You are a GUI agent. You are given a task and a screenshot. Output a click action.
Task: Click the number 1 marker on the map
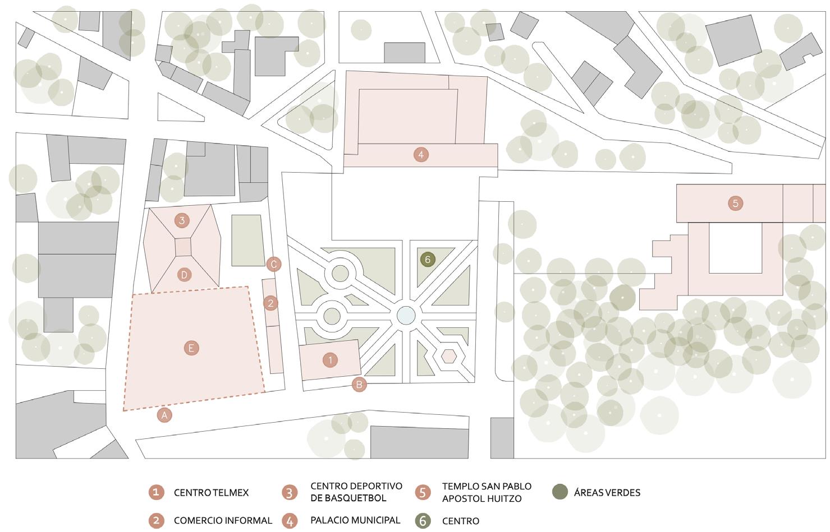[331, 360]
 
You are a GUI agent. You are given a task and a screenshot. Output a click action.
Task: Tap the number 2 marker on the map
[270, 303]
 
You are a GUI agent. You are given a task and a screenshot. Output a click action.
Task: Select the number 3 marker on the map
[182, 220]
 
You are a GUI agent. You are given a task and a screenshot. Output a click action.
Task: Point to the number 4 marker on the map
[421, 154]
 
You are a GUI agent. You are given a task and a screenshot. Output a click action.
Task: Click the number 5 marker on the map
[735, 203]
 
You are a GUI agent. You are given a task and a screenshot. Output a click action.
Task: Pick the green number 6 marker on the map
[428, 260]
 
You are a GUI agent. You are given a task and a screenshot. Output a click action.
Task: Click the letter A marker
[164, 415]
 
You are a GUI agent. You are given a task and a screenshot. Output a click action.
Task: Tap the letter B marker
[359, 385]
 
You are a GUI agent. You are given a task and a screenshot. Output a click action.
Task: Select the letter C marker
[274, 264]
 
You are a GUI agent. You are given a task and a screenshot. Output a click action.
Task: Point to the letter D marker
[184, 275]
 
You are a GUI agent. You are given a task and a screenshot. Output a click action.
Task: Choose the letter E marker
[191, 348]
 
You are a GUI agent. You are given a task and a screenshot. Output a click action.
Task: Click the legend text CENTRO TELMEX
[211, 493]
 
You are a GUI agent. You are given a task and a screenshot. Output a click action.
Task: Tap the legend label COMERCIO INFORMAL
[223, 521]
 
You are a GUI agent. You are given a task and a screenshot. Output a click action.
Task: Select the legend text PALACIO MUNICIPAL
[355, 520]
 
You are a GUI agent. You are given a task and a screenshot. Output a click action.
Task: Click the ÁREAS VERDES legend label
[607, 493]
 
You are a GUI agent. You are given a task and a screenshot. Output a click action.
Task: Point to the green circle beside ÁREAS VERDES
[560, 492]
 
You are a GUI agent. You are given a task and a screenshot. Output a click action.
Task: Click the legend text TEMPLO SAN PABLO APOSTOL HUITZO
[487, 492]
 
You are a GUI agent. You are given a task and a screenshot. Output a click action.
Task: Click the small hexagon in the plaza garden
[448, 355]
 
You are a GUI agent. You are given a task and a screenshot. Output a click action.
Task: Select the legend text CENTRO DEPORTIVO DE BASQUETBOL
[356, 492]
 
